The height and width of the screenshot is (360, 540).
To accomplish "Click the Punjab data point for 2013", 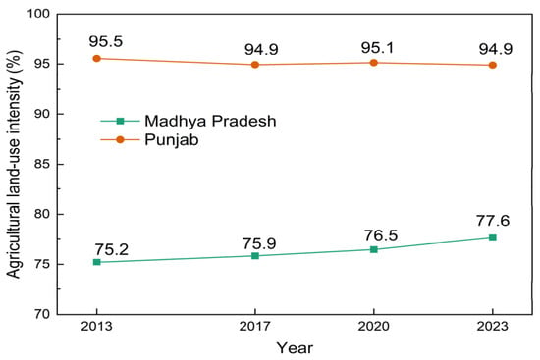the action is (x=97, y=59).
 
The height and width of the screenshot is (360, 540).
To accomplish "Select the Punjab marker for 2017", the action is (x=255, y=65).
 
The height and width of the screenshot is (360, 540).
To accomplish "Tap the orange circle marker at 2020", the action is (x=374, y=63).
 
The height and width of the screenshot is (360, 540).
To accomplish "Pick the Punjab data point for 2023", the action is (x=493, y=65).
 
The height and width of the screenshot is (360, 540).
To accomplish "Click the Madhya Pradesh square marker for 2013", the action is (x=97, y=262).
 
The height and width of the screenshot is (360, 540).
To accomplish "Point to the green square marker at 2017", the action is (x=255, y=255).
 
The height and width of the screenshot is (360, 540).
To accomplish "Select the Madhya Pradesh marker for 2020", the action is (x=374, y=249).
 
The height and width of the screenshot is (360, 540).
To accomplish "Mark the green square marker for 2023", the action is (x=493, y=237).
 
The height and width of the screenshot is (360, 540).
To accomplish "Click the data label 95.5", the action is (x=106, y=41).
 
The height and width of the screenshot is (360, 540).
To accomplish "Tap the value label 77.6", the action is (x=493, y=221).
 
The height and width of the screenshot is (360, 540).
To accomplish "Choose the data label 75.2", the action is (x=112, y=249).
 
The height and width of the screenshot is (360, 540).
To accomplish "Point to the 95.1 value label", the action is (x=377, y=47).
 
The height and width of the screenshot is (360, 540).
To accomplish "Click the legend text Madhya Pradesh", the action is (x=210, y=121).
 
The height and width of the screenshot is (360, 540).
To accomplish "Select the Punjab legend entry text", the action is (x=172, y=140).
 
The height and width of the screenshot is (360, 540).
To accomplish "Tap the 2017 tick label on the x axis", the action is (x=255, y=326).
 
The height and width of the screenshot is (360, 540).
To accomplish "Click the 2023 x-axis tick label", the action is (x=493, y=326).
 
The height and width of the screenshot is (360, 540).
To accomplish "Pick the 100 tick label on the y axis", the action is (x=38, y=14).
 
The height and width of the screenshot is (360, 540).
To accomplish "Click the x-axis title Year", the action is (x=295, y=348).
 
